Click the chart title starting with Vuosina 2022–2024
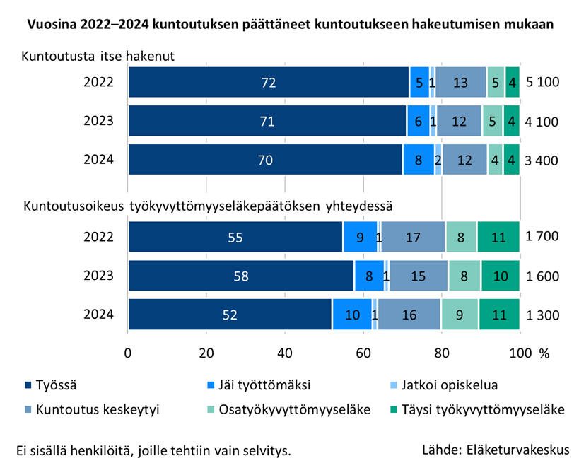click(x=290, y=24)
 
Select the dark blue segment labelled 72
click(x=268, y=82)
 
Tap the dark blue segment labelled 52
click(x=230, y=315)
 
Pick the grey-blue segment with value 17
click(x=414, y=237)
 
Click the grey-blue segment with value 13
click(x=460, y=82)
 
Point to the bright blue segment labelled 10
click(x=352, y=315)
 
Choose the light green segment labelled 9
click(x=460, y=315)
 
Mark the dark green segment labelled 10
click(x=500, y=276)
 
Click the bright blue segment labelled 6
click(x=419, y=121)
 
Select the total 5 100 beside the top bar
click(x=543, y=82)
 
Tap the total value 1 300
click(x=543, y=315)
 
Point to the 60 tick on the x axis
click(x=363, y=353)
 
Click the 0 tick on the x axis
click(x=128, y=353)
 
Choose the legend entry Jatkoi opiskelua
click(x=448, y=385)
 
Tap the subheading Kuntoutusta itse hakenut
click(x=98, y=56)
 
